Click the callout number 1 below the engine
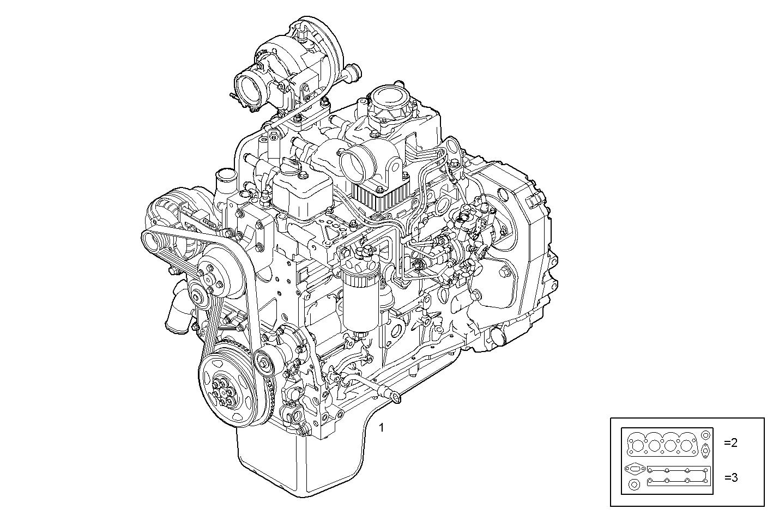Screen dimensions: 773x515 (x=382, y=428)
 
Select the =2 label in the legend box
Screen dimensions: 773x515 (x=730, y=443)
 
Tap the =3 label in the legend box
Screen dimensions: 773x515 (x=731, y=478)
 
